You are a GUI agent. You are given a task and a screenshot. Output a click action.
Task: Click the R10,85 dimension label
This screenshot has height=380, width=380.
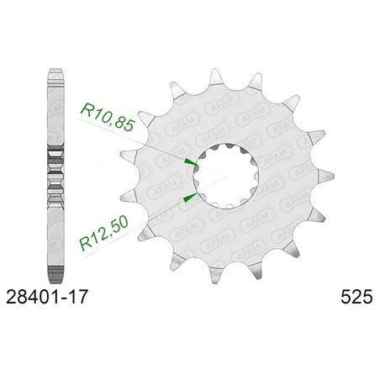(x=107, y=117)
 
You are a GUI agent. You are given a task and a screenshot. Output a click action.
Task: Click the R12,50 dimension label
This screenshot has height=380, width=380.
(x=104, y=233)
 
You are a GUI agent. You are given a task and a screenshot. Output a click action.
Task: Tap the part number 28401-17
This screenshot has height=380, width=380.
(x=47, y=297)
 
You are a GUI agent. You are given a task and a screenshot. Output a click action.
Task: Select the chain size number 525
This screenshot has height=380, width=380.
(x=356, y=297)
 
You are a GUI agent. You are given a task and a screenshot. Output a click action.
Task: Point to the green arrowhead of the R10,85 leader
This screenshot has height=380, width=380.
(x=190, y=162)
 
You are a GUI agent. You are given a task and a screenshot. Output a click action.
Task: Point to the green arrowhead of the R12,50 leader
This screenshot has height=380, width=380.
(x=190, y=197)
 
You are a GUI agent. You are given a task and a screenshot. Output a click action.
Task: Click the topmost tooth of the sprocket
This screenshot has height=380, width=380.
(x=215, y=77)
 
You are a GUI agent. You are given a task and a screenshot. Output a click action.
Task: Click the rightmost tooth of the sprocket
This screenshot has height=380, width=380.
(x=325, y=176)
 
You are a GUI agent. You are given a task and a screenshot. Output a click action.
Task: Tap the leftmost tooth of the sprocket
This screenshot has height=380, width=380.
(x=128, y=156)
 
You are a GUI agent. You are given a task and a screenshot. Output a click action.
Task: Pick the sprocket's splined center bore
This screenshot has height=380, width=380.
(x=226, y=176)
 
